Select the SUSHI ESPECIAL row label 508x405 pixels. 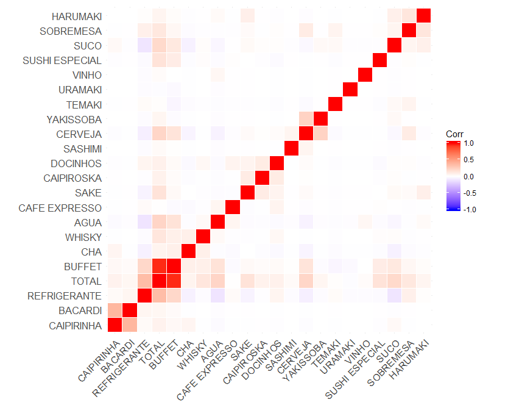tap(62, 60)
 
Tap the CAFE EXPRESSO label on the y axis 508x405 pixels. tap(60, 208)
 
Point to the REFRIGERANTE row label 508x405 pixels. tap(65, 296)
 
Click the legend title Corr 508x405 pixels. tap(454, 134)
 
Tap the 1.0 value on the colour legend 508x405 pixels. tap(470, 143)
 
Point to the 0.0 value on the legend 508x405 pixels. tap(470, 176)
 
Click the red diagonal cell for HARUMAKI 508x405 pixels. tap(424, 16)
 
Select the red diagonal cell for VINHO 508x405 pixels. tap(365, 75)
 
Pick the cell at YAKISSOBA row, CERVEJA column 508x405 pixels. tap(306, 119)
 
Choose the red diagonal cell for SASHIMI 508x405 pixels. tap(291, 149)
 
